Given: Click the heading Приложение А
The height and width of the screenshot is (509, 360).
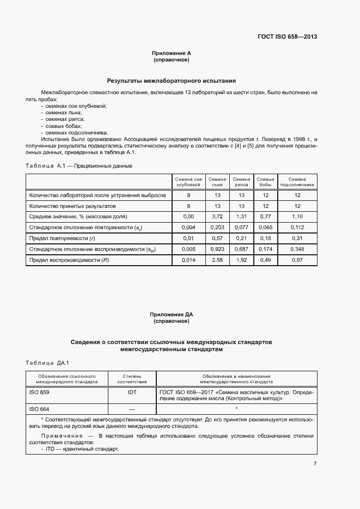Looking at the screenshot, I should [x=171, y=53].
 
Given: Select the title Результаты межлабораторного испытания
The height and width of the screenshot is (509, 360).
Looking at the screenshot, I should [x=171, y=80].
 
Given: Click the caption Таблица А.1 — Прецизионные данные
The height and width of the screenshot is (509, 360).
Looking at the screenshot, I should [x=79, y=165].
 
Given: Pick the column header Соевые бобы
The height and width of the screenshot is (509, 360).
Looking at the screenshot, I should [x=265, y=182].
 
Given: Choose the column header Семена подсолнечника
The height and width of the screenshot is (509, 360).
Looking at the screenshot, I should [x=297, y=182].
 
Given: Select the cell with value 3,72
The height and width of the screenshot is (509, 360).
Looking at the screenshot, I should [x=217, y=217].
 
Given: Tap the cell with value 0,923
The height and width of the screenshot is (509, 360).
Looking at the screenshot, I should [x=217, y=249].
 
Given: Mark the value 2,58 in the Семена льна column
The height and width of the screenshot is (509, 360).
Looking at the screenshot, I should [x=217, y=260].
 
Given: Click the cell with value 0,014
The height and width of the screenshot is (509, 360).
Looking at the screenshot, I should [x=188, y=260].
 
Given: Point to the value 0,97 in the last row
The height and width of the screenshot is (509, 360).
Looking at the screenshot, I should [x=297, y=260].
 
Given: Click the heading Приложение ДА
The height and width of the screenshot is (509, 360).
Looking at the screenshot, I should [x=171, y=315].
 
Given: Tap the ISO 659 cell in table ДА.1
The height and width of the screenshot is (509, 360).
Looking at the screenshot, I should [x=39, y=391].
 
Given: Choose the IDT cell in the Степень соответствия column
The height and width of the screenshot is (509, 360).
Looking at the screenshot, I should [x=132, y=391].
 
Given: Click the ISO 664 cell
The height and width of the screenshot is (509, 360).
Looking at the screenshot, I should [x=39, y=409].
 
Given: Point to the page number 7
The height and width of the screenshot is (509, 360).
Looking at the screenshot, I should [x=315, y=464].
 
